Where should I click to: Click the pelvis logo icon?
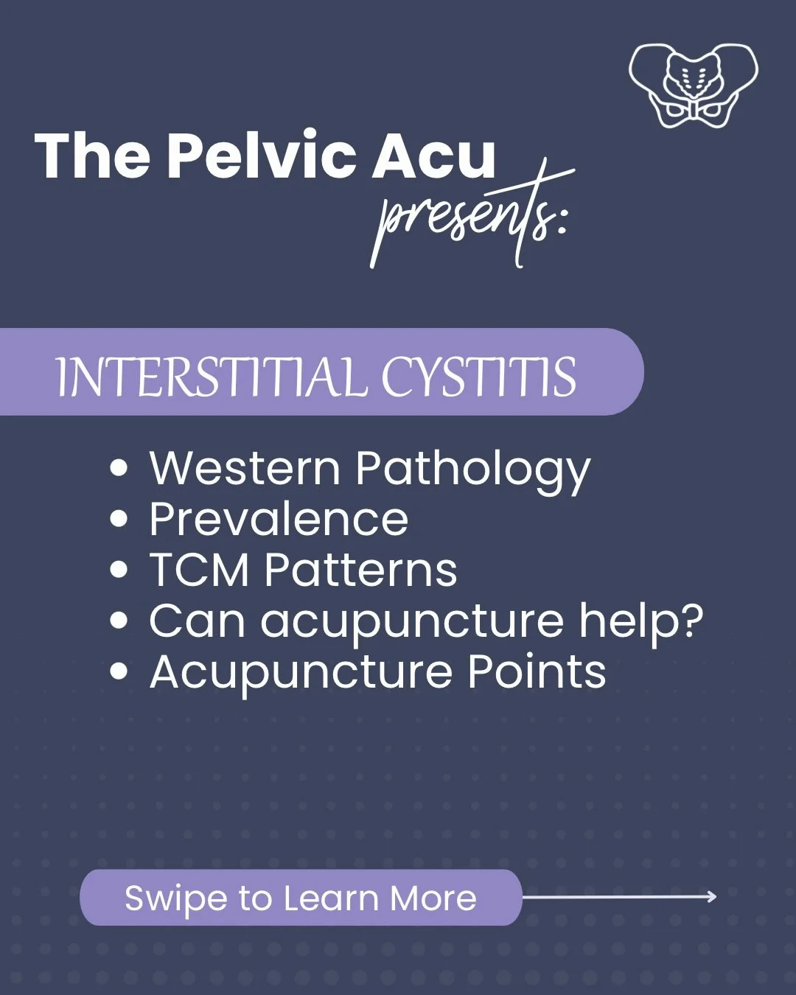[693, 85]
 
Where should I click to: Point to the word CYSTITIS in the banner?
[478, 377]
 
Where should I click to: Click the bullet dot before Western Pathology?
[119, 469]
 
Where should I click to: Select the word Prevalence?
[279, 519]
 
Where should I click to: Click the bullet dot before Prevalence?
[119, 519]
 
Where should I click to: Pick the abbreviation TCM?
[199, 570]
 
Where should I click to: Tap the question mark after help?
[691, 621]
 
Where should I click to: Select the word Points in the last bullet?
[537, 671]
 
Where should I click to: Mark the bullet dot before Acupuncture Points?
[119, 671]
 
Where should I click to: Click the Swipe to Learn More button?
[301, 898]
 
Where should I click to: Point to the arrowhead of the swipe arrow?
[712, 896]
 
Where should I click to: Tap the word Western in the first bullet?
[245, 469]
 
